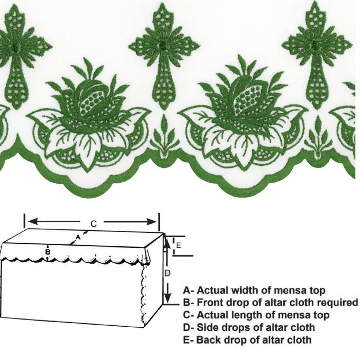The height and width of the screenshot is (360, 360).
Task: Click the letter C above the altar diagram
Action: (94, 224)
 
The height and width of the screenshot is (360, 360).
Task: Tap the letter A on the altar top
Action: (77, 237)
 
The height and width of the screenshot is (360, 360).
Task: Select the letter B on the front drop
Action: (48, 252)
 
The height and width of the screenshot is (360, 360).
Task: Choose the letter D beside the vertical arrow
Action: (167, 273)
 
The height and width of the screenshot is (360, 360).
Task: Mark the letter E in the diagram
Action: (178, 246)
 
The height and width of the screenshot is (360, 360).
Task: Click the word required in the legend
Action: (336, 303)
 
